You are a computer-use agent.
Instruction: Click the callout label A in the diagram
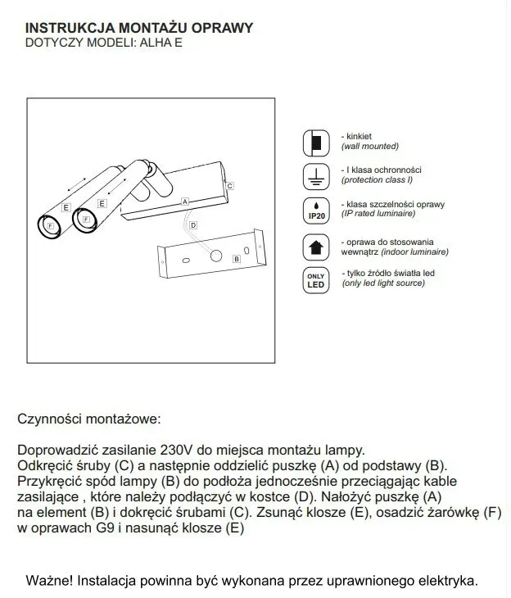point(186,201)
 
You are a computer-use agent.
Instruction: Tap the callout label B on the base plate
point(237,259)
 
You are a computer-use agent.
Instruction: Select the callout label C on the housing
point(230,187)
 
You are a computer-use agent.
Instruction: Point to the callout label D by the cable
point(192,224)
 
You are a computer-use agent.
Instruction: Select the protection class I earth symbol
point(315,175)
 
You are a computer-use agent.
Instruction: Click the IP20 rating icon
point(315,210)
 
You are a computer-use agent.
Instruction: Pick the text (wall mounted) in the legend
point(369,146)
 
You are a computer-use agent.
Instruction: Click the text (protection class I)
point(377,179)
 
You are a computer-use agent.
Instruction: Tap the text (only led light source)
point(382,283)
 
